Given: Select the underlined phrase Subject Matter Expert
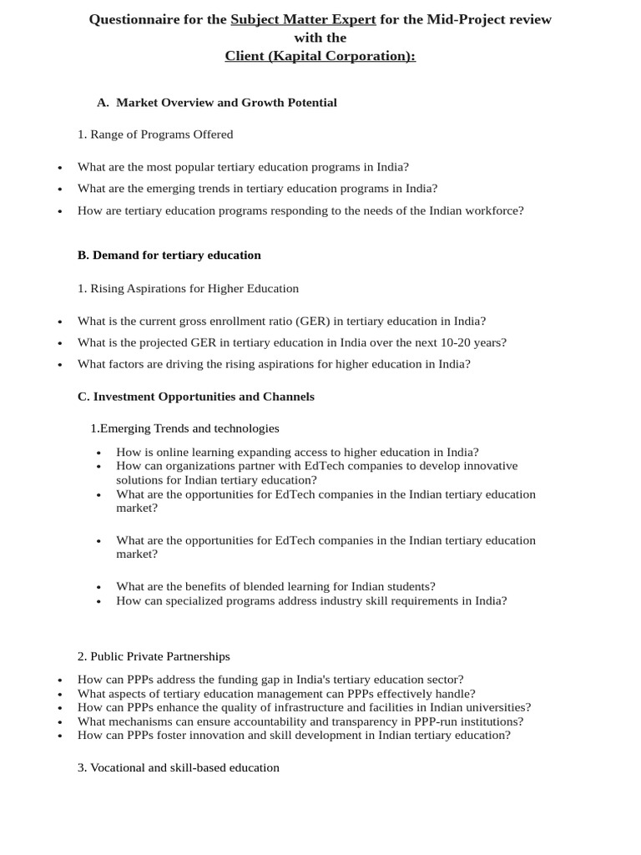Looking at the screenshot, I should pyautogui.click(x=303, y=19).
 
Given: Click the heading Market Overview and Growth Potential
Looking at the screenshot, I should pyautogui.click(x=226, y=103).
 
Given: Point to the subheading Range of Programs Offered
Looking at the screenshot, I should pyautogui.click(x=155, y=134).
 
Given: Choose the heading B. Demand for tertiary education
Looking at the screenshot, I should pyautogui.click(x=169, y=255).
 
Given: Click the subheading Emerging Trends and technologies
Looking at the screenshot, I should pyautogui.click(x=185, y=428).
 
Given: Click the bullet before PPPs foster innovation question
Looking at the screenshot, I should pyautogui.click(x=60, y=736).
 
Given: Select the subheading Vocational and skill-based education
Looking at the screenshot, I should pyautogui.click(x=179, y=767).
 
